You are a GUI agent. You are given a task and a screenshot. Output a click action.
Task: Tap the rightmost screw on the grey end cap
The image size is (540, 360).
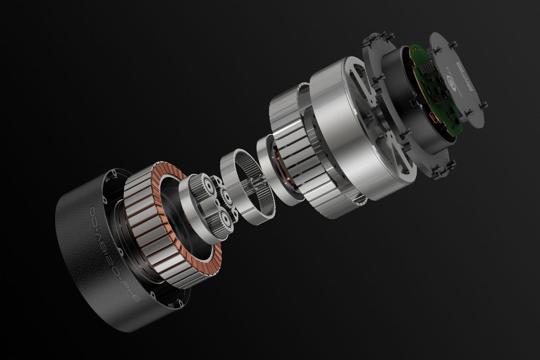pos(485,106)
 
